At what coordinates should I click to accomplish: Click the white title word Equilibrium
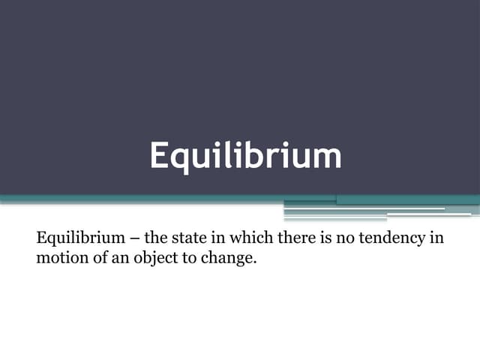tap(245, 156)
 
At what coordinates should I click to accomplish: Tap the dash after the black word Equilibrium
tap(133, 239)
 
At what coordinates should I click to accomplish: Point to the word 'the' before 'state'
tap(155, 239)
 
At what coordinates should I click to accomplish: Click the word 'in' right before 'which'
tap(220, 239)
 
